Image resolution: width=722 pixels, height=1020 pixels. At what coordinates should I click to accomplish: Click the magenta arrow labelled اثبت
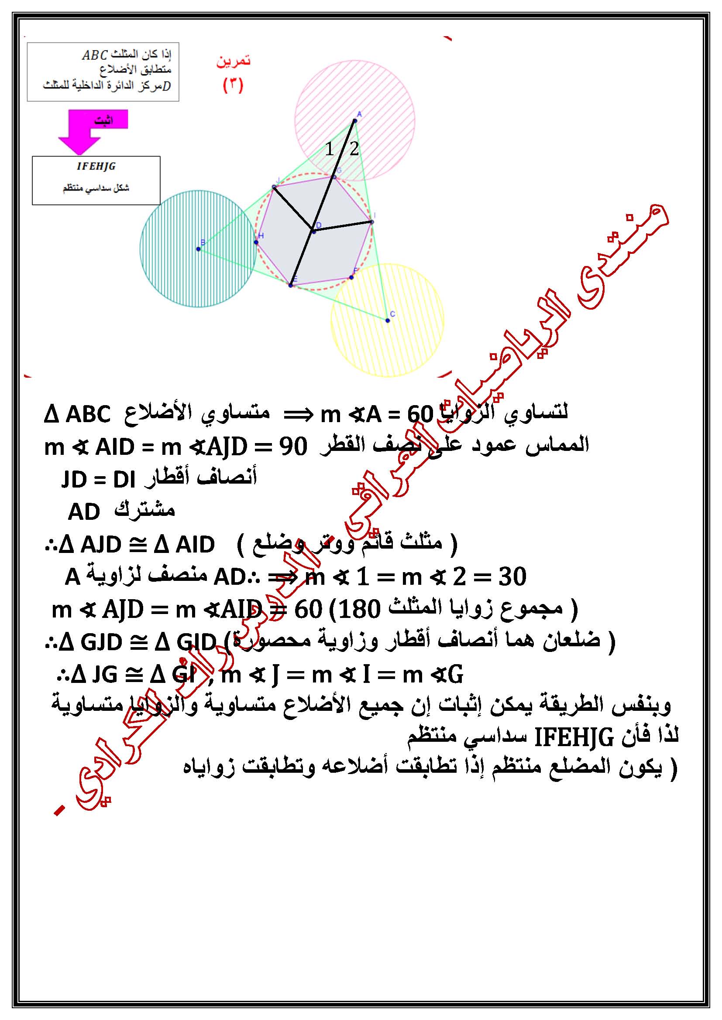click(89, 129)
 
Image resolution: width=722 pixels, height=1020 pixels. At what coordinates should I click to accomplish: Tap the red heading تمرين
click(234, 61)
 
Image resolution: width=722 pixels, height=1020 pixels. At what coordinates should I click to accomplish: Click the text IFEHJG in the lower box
click(96, 166)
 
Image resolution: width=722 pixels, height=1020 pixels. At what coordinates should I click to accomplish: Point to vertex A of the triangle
click(355, 120)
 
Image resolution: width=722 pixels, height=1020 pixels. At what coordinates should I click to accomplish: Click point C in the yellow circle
click(388, 321)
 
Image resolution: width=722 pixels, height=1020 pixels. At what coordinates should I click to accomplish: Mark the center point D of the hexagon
click(313, 231)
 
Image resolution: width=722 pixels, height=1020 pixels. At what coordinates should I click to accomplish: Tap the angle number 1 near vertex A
click(329, 149)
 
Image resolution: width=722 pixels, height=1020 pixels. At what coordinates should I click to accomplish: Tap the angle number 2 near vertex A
click(354, 149)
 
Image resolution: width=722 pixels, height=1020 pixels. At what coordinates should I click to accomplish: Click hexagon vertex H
click(256, 242)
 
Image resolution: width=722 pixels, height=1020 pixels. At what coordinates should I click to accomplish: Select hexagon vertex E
click(291, 285)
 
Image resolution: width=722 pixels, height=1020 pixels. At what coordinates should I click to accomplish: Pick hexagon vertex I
click(371, 221)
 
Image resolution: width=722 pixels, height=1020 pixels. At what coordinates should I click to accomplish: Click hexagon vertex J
click(274, 187)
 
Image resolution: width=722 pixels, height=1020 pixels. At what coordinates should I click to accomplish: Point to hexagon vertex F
click(351, 277)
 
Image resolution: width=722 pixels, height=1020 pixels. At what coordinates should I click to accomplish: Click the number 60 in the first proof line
click(420, 414)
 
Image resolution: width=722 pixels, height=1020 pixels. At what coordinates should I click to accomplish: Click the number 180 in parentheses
click(359, 610)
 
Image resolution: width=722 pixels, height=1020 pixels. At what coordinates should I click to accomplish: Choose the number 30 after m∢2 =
click(512, 577)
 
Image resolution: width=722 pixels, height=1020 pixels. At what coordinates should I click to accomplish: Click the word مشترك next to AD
click(145, 510)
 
